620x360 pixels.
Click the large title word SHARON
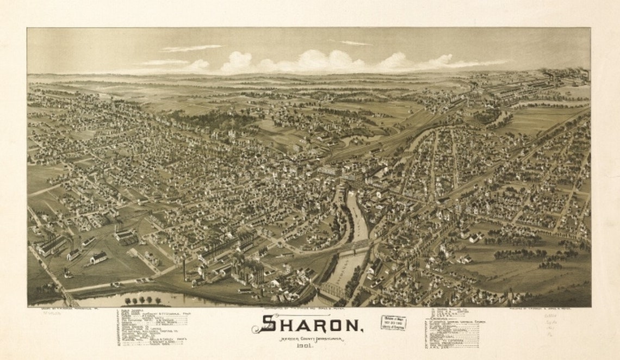click(308, 325)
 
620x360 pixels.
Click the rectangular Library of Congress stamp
click(393, 322)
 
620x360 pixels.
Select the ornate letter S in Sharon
click(266, 324)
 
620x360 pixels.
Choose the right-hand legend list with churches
click(454, 329)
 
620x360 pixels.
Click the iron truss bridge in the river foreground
click(332, 291)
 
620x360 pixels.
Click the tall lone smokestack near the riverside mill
click(184, 269)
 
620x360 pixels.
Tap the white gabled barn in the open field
click(98, 257)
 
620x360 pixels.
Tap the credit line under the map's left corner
click(54, 309)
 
